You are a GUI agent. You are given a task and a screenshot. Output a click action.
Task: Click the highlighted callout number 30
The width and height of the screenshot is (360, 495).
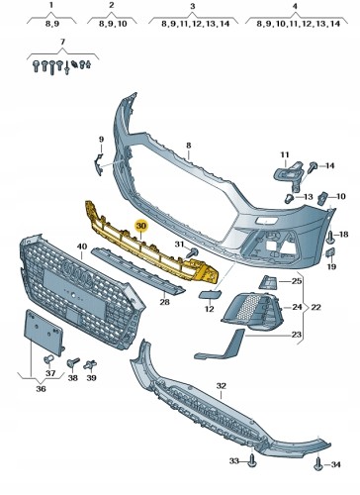(x=141, y=226)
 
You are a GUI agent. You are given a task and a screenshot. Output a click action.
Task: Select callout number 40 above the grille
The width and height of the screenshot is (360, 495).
(x=82, y=247)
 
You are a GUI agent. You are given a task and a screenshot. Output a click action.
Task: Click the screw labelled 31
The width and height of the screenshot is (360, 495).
(x=192, y=253)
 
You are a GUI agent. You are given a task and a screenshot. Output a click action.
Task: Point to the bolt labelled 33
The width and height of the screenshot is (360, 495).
(x=252, y=460)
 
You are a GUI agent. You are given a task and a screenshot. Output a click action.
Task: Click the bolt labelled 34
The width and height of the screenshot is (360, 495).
(x=318, y=464)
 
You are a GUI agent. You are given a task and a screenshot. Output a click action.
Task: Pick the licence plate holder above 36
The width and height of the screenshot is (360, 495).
(x=45, y=333)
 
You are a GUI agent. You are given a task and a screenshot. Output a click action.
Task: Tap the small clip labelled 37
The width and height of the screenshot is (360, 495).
(x=48, y=359)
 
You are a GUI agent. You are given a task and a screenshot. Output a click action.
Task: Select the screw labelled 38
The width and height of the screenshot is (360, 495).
(x=73, y=362)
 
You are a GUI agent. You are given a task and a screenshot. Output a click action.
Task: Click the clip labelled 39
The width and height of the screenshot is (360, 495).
(x=90, y=365)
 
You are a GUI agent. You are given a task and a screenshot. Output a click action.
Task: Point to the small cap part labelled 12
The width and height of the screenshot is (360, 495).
(x=208, y=293)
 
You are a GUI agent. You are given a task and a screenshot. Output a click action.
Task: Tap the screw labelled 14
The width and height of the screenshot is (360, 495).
(x=312, y=167)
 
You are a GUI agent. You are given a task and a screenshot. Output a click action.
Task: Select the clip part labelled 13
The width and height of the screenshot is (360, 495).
(x=289, y=199)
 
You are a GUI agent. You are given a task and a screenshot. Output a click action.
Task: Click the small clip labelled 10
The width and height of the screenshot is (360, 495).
(x=321, y=198)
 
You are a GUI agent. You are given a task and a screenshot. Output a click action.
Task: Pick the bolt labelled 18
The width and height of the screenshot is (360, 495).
(x=330, y=237)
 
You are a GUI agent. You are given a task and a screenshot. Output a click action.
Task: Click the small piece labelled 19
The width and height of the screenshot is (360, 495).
(x=330, y=252)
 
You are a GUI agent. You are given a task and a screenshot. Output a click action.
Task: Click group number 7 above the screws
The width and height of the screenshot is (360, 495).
(x=62, y=42)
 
